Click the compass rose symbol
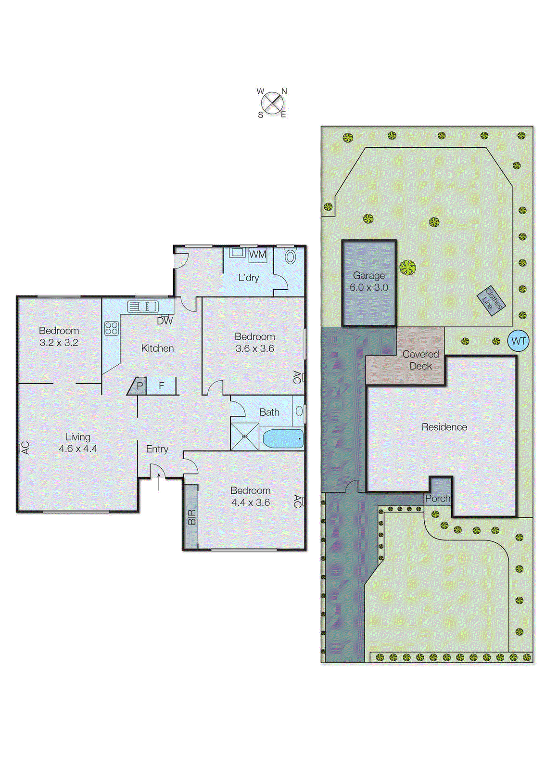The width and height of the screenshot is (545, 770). (x=273, y=103)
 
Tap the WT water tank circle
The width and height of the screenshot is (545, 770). (x=519, y=341)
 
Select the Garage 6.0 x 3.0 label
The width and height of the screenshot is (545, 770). (x=369, y=282)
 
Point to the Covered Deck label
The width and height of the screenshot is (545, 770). (x=420, y=360)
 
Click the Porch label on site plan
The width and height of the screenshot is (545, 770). (x=438, y=499)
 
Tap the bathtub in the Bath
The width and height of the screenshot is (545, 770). (x=283, y=439)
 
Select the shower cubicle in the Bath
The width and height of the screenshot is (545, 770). (x=245, y=436)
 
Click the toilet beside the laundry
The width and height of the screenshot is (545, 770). (x=290, y=257)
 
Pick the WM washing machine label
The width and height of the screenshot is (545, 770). (x=257, y=254)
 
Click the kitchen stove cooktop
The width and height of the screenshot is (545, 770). (x=112, y=328)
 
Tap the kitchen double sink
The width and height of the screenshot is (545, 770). (x=142, y=306)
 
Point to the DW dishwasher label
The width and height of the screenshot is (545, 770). (x=165, y=321)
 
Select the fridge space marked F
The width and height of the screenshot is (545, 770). (x=162, y=386)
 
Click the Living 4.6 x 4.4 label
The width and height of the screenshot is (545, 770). (x=78, y=443)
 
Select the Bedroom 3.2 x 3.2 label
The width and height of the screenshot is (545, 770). (x=59, y=336)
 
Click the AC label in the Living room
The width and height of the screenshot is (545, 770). (x=25, y=448)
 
